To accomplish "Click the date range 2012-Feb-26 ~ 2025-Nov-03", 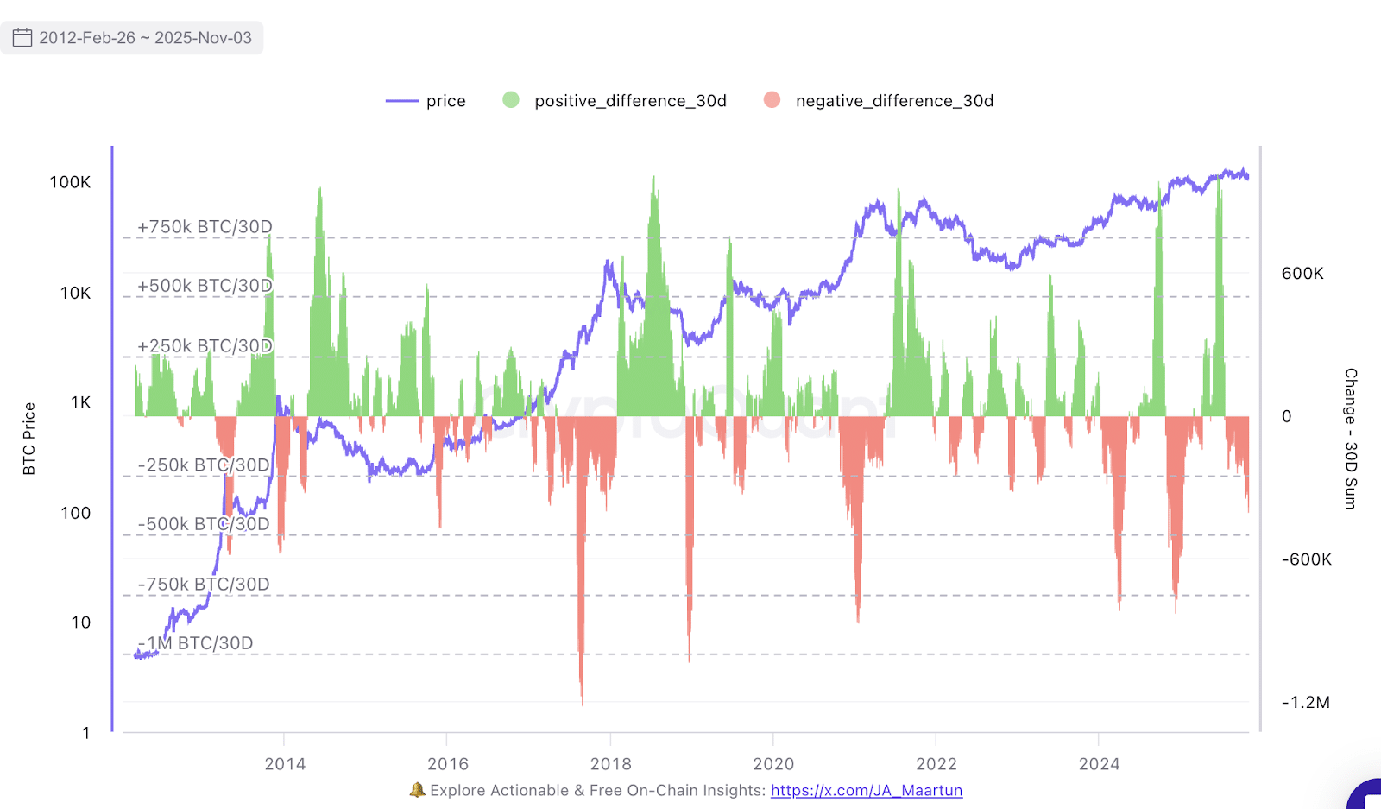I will [145, 38].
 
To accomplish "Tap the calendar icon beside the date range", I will [22, 38].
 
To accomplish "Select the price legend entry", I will [426, 101].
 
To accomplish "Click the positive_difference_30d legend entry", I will [615, 101].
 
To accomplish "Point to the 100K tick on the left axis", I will [70, 182].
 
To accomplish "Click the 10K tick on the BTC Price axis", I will [75, 293].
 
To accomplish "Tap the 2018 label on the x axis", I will [610, 764].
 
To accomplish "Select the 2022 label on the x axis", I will [936, 764].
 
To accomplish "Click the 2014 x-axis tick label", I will [285, 764].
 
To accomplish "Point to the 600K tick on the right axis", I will [1302, 274].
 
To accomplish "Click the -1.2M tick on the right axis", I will [1305, 702].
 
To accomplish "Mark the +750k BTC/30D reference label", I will [205, 227].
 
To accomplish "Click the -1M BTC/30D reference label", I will [196, 643].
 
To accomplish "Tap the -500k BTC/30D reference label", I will [204, 524].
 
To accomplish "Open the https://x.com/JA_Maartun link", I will [867, 790].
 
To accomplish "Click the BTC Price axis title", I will [29, 439].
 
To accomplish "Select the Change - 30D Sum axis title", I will [1351, 439].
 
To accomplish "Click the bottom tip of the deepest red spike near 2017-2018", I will [582, 704].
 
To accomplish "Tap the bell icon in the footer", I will [418, 789].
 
